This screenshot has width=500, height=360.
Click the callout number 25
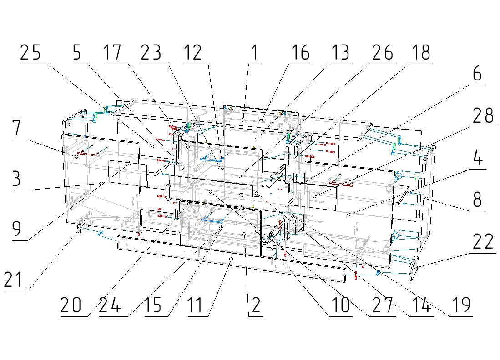tap(30, 53)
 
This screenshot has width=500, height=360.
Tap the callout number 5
tap(77, 53)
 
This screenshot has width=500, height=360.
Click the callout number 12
tap(192, 53)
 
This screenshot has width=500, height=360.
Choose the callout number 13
tap(339, 53)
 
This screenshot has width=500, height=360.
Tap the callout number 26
tap(382, 53)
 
